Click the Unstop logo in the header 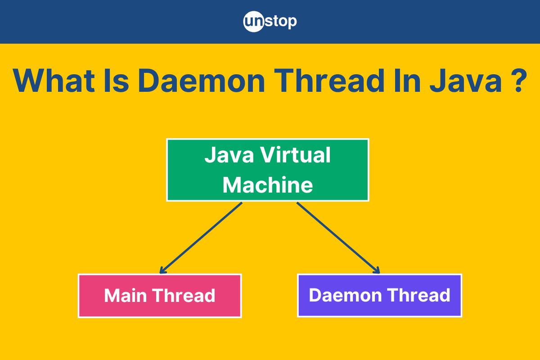coord(270,22)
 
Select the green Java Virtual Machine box coord(268,170)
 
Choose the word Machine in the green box coord(268,184)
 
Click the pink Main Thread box coord(160,296)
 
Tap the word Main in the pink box coord(126,295)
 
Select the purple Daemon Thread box coord(380,295)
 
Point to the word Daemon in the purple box coord(345,295)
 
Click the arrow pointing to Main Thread coord(201,238)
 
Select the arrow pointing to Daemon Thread coord(338,238)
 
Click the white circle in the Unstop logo coord(254,22)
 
